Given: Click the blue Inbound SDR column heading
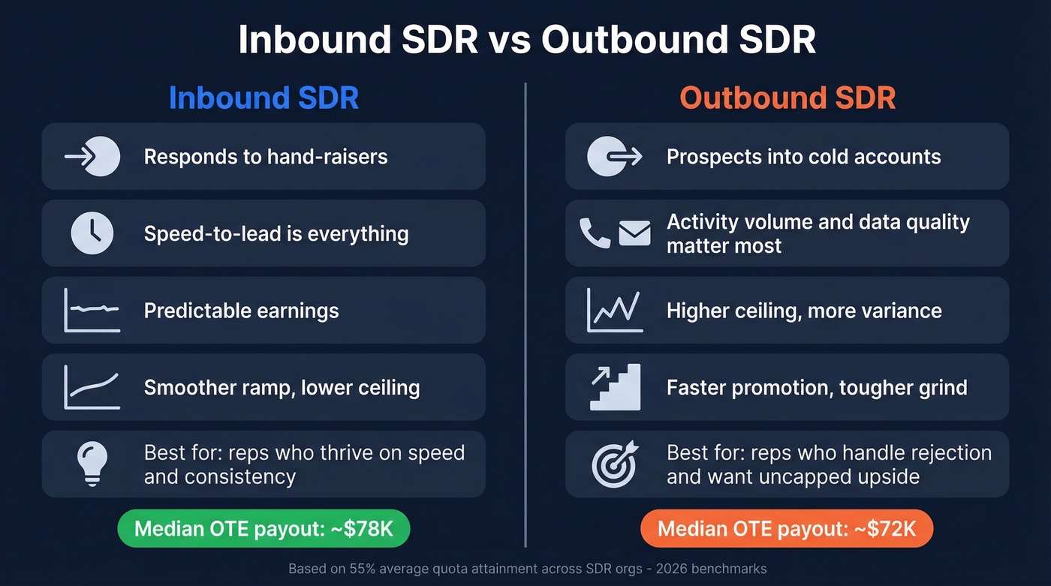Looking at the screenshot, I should click(264, 98).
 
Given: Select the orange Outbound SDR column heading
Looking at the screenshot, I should click(787, 98).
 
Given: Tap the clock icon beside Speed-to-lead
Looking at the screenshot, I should click(92, 233).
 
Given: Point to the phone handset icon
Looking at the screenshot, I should click(595, 233).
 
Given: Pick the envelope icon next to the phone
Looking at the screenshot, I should click(634, 233).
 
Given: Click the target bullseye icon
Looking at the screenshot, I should click(615, 464).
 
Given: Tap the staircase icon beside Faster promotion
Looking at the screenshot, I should click(615, 387).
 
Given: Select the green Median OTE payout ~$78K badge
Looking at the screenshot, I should click(264, 529).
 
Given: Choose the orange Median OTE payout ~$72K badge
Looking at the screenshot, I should click(787, 529).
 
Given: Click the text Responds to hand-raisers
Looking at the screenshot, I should click(266, 157).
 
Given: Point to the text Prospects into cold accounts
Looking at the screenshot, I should click(803, 157).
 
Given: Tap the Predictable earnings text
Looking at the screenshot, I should click(241, 311).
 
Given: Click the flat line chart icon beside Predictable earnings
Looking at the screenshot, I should click(92, 310).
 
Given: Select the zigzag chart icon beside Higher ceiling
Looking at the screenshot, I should click(615, 310).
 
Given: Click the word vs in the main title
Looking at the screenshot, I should click(510, 40).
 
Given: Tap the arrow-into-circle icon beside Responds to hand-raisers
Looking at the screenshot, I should click(92, 156).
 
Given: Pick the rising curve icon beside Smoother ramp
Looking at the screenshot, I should click(92, 386).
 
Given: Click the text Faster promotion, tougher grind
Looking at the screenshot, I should click(817, 387).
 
